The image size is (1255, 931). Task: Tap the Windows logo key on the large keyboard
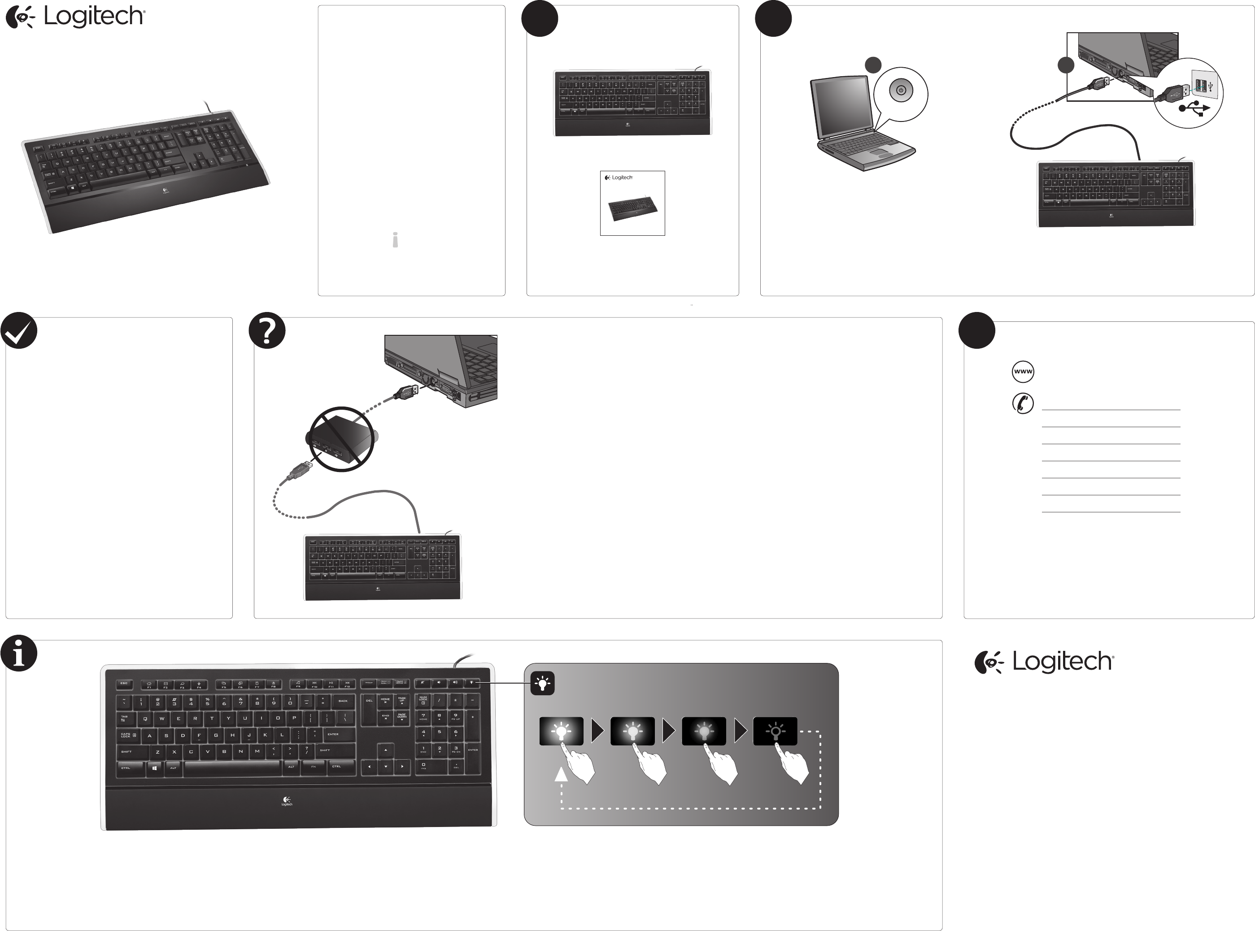[x=154, y=767]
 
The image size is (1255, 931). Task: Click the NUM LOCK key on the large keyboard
[x=423, y=701]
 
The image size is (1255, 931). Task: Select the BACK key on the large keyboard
[x=343, y=701]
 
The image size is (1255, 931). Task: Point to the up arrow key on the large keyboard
[x=386, y=750]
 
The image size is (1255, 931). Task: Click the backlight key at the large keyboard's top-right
[x=472, y=683]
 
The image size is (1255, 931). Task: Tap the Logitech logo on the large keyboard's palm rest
[x=287, y=801]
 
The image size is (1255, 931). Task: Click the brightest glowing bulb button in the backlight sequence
[x=561, y=732]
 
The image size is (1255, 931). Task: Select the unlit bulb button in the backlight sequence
[x=775, y=732]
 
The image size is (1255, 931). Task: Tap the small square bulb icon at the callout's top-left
[x=542, y=684]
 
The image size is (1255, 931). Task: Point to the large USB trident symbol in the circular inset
[x=1194, y=108]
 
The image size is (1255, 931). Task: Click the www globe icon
[x=1023, y=372]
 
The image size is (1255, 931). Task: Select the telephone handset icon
[x=1023, y=403]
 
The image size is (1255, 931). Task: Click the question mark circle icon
[x=267, y=331]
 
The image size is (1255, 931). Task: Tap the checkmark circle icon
[x=18, y=331]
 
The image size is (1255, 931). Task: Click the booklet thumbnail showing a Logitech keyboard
[x=632, y=204]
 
